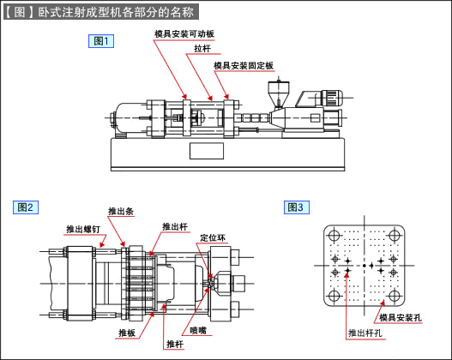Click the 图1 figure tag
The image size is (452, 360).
pyautogui.click(x=101, y=41)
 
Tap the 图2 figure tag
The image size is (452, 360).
pyautogui.click(x=26, y=207)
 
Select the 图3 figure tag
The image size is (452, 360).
pyautogui.click(x=297, y=207)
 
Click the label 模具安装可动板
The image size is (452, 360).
pyautogui.click(x=184, y=34)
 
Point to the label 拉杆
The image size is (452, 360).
pyautogui.click(x=202, y=48)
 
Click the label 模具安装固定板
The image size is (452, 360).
pyautogui.click(x=244, y=65)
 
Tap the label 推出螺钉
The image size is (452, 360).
pyautogui.click(x=83, y=229)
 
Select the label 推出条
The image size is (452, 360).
pyautogui.click(x=121, y=211)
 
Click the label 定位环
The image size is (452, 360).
pyautogui.click(x=213, y=237)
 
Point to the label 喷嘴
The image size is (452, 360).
pyautogui.click(x=198, y=330)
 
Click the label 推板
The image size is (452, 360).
pyautogui.click(x=127, y=333)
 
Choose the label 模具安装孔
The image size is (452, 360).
pyautogui.click(x=401, y=318)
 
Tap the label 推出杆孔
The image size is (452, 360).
pyautogui.click(x=365, y=333)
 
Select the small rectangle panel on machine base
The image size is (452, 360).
pyautogui.click(x=207, y=151)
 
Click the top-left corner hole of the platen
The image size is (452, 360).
pyautogui.click(x=334, y=236)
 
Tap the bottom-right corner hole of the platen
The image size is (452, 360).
pyautogui.click(x=394, y=296)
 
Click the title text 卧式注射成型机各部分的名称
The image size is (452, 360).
pyautogui.click(x=116, y=12)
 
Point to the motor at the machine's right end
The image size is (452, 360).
pyautogui.click(x=332, y=98)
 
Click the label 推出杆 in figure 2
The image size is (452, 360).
pyautogui.click(x=175, y=226)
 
